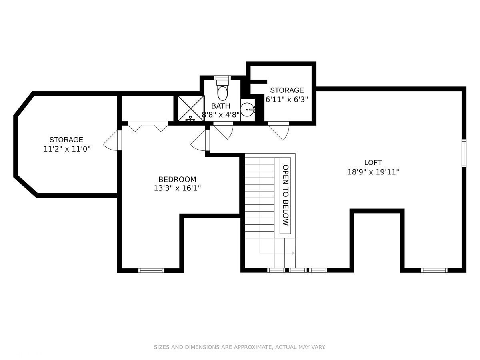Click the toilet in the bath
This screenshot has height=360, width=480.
tap(222, 90)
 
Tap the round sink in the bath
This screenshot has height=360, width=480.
tap(247, 109)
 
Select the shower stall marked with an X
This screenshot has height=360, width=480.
tap(191, 108)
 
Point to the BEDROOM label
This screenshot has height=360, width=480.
tap(177, 179)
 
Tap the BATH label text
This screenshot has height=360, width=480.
tap(221, 106)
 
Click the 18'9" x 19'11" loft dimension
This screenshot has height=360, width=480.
tap(373, 172)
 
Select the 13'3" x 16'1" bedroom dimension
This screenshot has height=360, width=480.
tap(177, 188)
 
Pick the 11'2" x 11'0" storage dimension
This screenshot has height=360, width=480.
tap(67, 149)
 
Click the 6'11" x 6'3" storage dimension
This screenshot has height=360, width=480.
tap(287, 100)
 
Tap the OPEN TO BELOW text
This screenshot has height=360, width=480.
tap(285, 195)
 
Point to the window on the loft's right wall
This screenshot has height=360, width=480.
tap(464, 153)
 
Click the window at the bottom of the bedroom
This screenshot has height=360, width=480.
tap(151, 270)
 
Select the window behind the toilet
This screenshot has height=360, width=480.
tap(222, 78)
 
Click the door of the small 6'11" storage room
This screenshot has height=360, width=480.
tap(279, 131)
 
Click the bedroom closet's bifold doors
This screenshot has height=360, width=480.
tap(148, 127)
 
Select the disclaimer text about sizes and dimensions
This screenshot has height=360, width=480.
tap(240, 347)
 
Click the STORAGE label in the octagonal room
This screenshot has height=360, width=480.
tap(66, 140)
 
